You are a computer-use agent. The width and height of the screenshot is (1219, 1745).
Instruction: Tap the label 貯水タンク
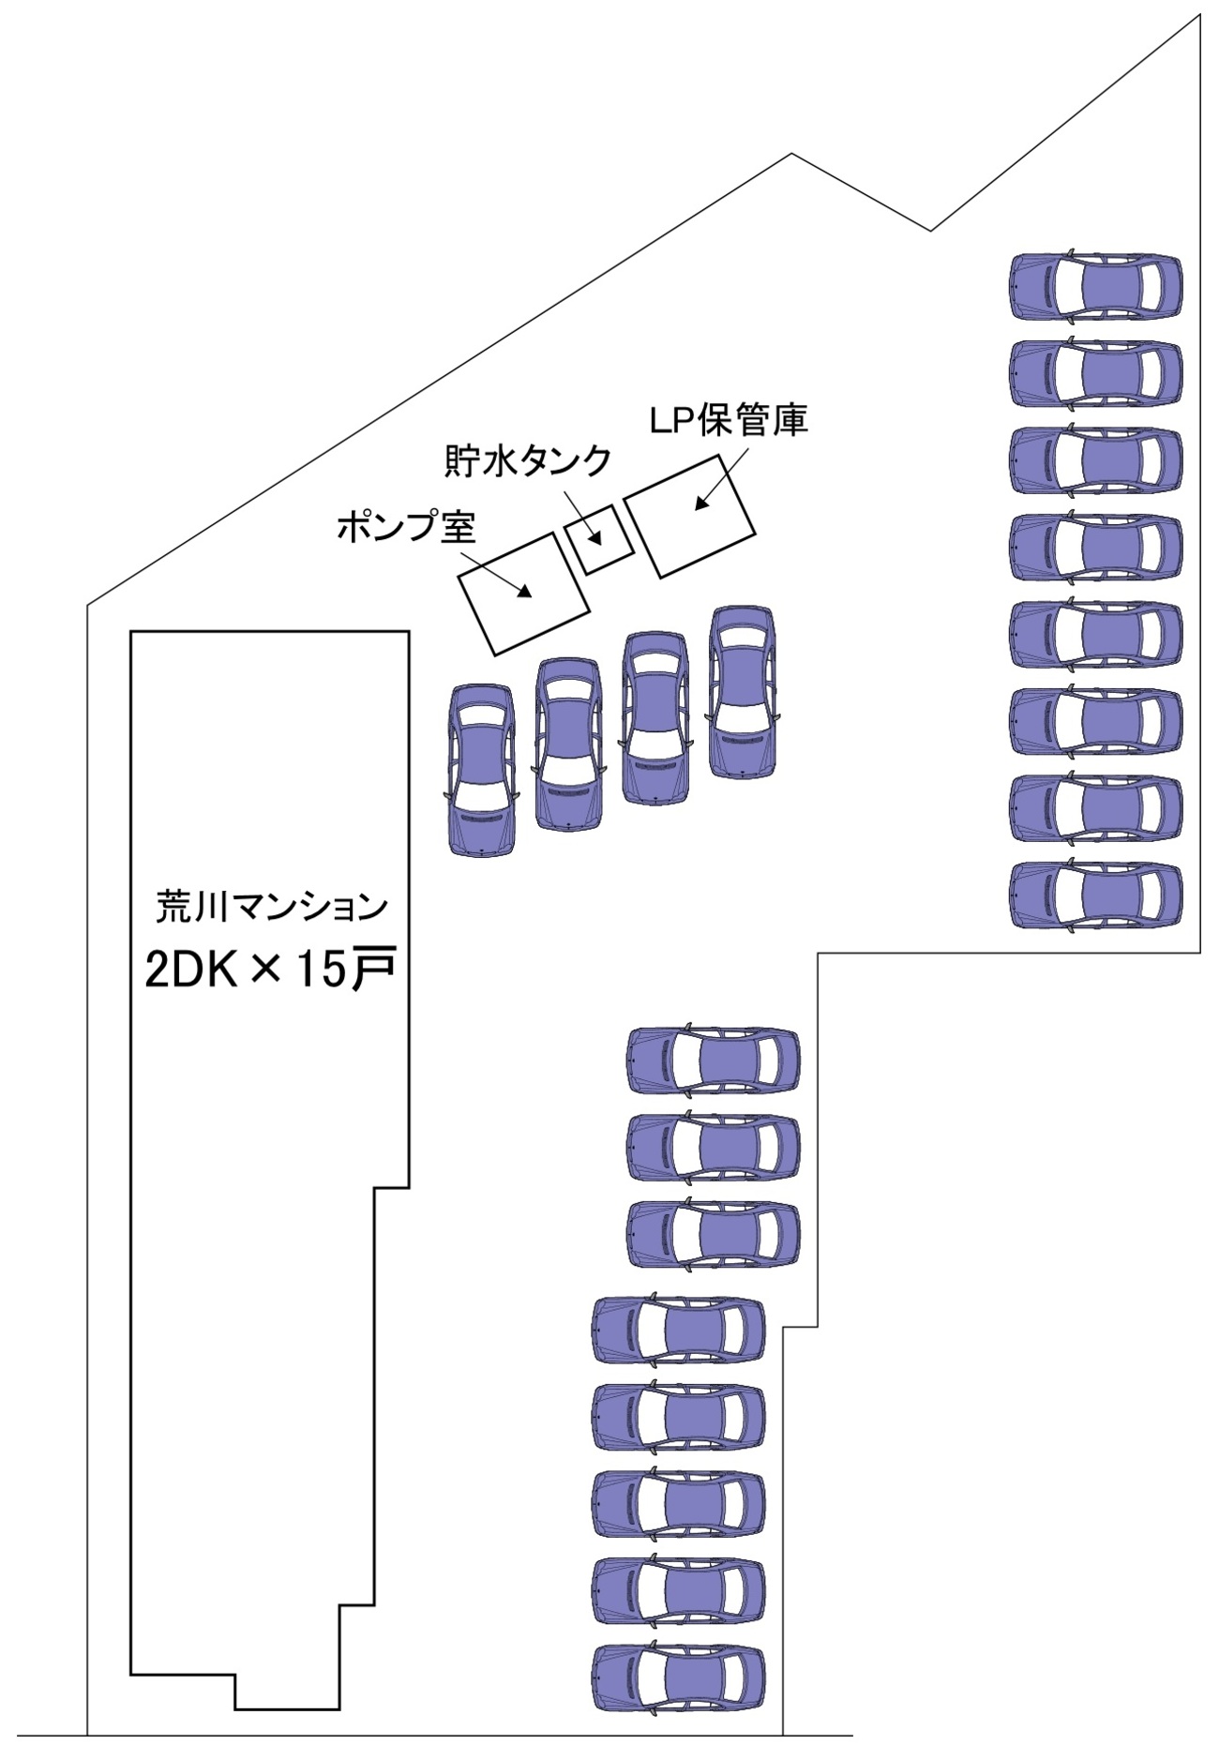pyautogui.click(x=527, y=461)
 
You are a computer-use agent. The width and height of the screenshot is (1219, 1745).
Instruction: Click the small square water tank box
pyautogui.click(x=599, y=539)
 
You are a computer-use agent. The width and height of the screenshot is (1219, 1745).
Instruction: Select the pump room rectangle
pyautogui.click(x=523, y=593)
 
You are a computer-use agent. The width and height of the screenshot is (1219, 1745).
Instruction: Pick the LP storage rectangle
pyautogui.click(x=690, y=516)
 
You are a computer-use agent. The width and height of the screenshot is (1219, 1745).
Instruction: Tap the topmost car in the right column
pyautogui.click(x=1095, y=287)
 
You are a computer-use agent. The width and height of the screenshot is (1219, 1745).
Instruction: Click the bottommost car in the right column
pyautogui.click(x=1095, y=895)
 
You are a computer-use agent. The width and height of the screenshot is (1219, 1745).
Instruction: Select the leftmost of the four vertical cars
pyautogui.click(x=481, y=769)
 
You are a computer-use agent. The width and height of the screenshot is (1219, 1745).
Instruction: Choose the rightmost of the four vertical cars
pyautogui.click(x=743, y=691)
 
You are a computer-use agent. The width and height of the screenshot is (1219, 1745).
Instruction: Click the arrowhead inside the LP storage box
pyautogui.click(x=699, y=505)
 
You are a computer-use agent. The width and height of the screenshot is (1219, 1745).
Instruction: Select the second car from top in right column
pyautogui.click(x=1095, y=374)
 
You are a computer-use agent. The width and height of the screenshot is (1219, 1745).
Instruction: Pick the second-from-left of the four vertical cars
pyautogui.click(x=567, y=744)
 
